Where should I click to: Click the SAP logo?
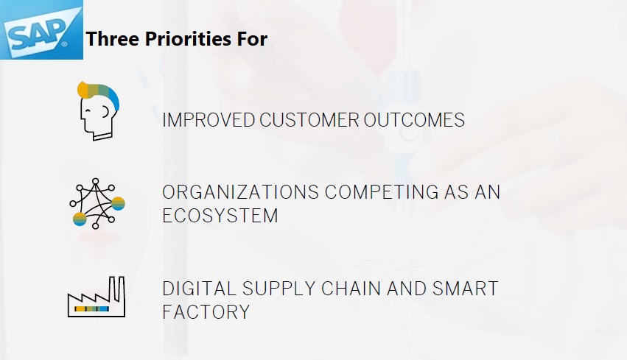point(41,29)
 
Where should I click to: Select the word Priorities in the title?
point(188,39)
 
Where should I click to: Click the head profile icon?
point(98,111)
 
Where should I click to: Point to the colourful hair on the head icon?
point(99,93)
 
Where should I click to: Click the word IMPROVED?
point(209,120)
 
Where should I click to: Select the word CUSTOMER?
point(309,120)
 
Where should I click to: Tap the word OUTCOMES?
point(414,120)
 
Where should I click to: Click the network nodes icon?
point(97,204)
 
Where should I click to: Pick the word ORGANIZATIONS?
point(240,192)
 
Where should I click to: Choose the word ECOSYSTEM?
point(220,216)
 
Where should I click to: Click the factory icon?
point(97,297)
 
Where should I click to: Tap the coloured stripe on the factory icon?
point(91,309)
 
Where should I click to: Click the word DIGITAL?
point(199,289)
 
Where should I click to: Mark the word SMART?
point(465,289)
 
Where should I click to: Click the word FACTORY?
point(206,312)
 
